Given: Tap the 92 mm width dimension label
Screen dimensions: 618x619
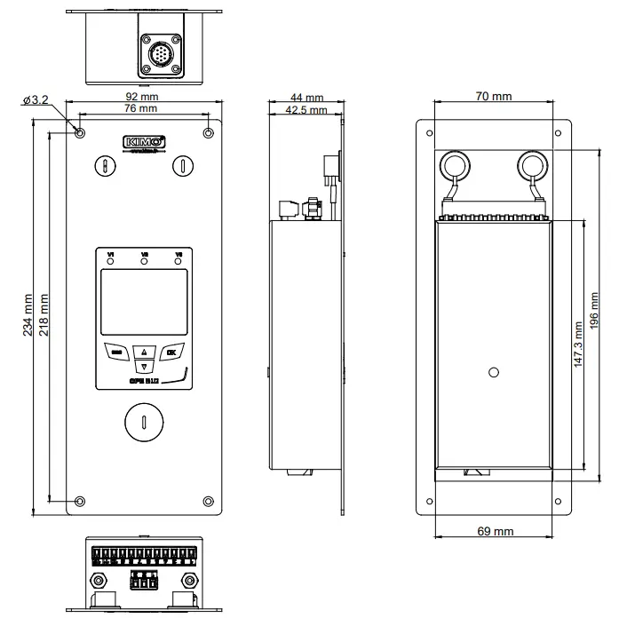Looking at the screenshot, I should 143,96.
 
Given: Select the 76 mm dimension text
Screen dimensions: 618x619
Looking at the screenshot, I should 143,108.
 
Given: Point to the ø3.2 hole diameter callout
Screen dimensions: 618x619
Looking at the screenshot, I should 36,99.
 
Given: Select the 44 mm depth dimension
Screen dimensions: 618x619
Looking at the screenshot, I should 306,98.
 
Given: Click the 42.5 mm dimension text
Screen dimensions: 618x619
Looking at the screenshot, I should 306,110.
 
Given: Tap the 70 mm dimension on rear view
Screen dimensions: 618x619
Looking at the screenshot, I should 494,96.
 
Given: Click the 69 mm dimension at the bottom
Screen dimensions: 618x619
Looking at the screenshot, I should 495,531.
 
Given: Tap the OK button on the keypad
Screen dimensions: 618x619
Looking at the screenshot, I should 171,351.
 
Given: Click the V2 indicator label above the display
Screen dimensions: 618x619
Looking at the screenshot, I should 144,256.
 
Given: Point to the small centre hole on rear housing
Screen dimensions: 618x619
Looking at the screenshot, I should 495,373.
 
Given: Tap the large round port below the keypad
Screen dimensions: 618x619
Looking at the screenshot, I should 143,421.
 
